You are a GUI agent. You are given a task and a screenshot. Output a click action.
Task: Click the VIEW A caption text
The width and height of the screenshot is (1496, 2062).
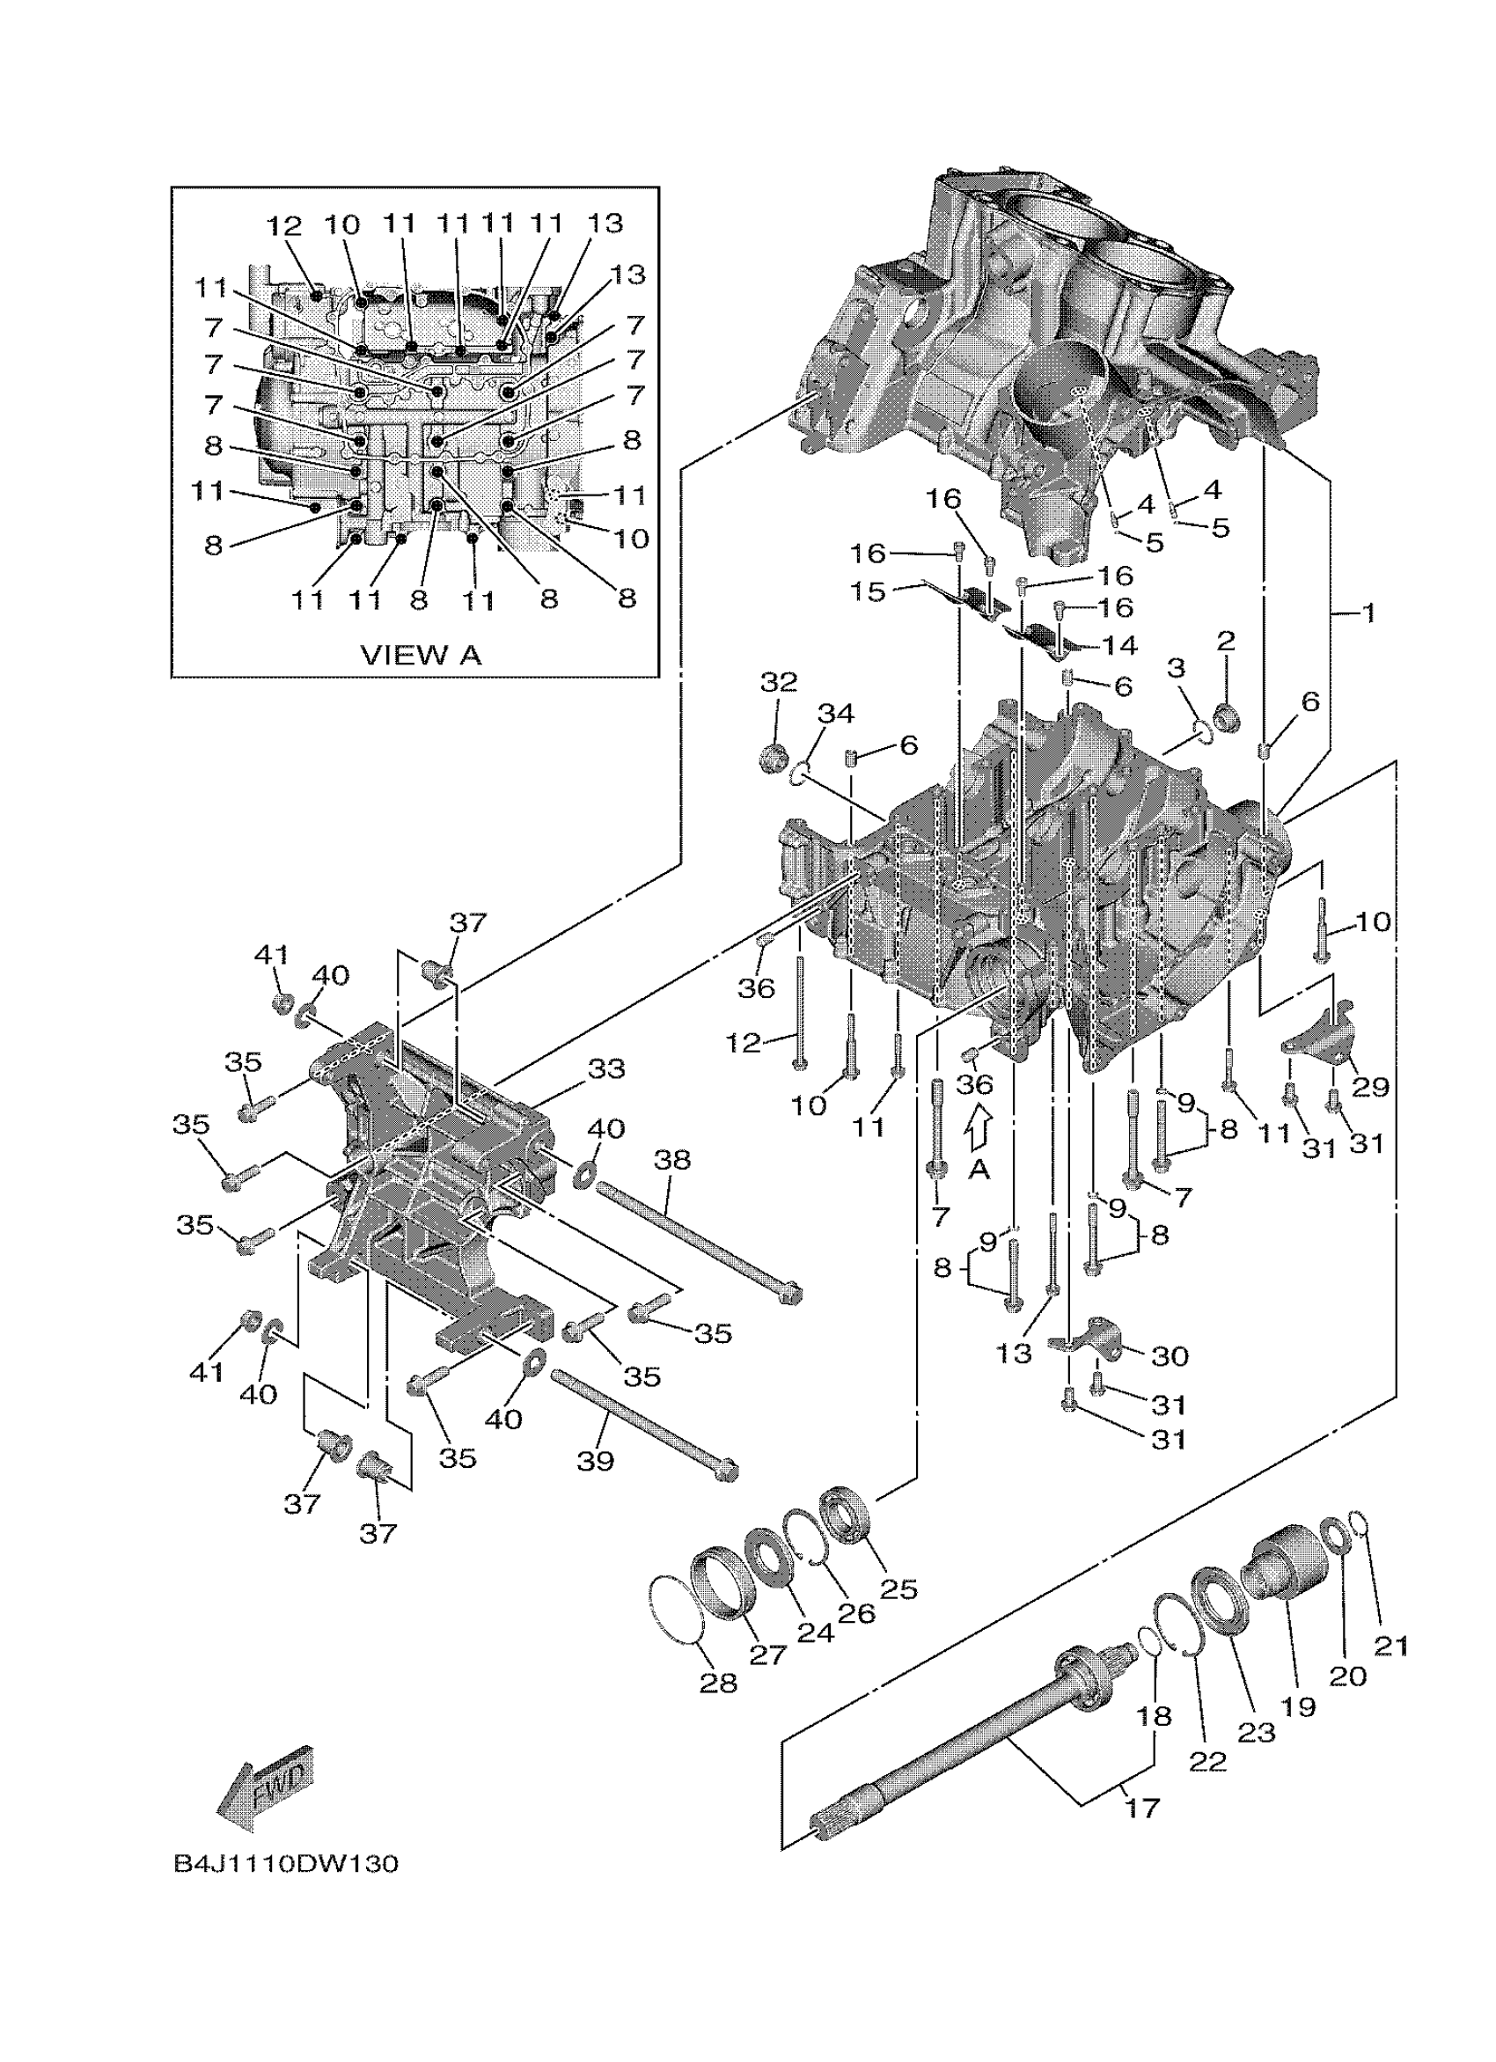pos(421,655)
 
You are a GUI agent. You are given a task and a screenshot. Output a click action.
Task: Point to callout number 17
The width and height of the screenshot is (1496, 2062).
pos(1142,1809)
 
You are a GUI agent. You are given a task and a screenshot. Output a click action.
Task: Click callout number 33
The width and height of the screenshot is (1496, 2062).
pos(606,1068)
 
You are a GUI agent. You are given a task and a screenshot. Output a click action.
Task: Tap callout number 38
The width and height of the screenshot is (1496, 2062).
pos(671,1159)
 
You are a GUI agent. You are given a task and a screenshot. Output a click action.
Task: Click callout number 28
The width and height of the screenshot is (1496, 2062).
pos(718,1683)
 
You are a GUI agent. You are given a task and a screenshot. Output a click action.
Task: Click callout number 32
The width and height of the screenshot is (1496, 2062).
pos(779,682)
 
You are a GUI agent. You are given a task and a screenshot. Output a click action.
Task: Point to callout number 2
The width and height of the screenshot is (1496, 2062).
pos(1226,641)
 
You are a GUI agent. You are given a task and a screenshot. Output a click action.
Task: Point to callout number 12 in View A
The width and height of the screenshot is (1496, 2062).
pos(283,224)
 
